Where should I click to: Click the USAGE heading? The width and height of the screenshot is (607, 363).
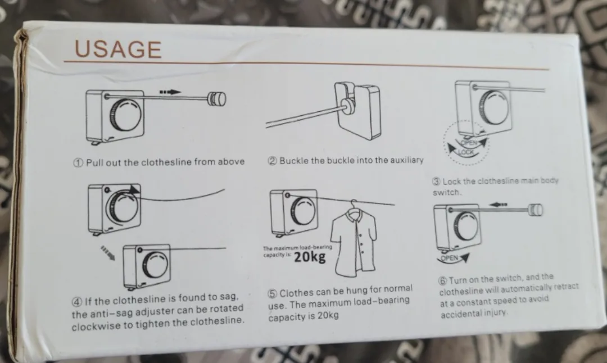(118, 49)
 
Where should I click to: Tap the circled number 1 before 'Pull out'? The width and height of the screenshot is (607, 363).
(79, 162)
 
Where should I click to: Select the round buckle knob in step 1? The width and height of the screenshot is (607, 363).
(216, 99)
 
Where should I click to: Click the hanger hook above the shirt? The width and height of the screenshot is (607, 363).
(353, 204)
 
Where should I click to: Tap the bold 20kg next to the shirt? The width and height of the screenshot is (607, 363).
(309, 257)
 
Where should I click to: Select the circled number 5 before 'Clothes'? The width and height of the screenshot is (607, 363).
(272, 293)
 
